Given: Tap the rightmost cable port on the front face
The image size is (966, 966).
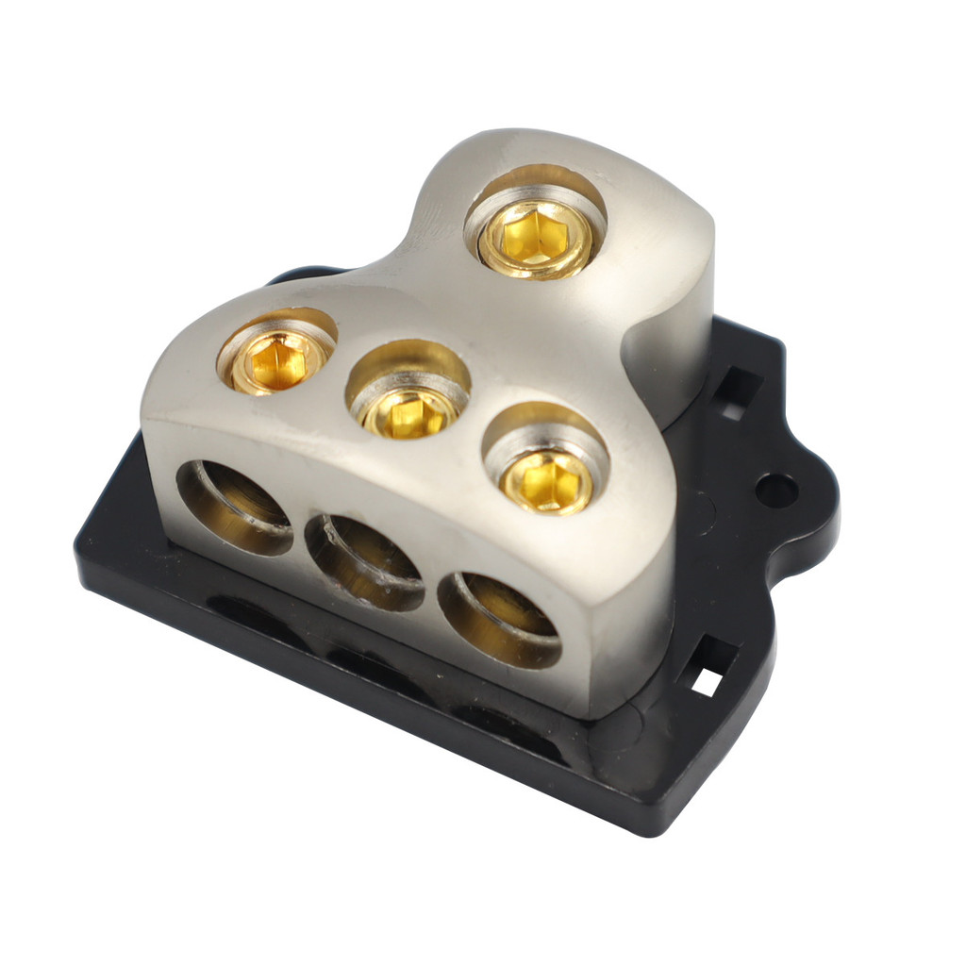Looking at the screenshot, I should [x=500, y=619].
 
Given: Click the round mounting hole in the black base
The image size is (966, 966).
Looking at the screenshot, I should [x=775, y=490].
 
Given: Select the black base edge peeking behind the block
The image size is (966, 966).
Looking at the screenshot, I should [x=292, y=276].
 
